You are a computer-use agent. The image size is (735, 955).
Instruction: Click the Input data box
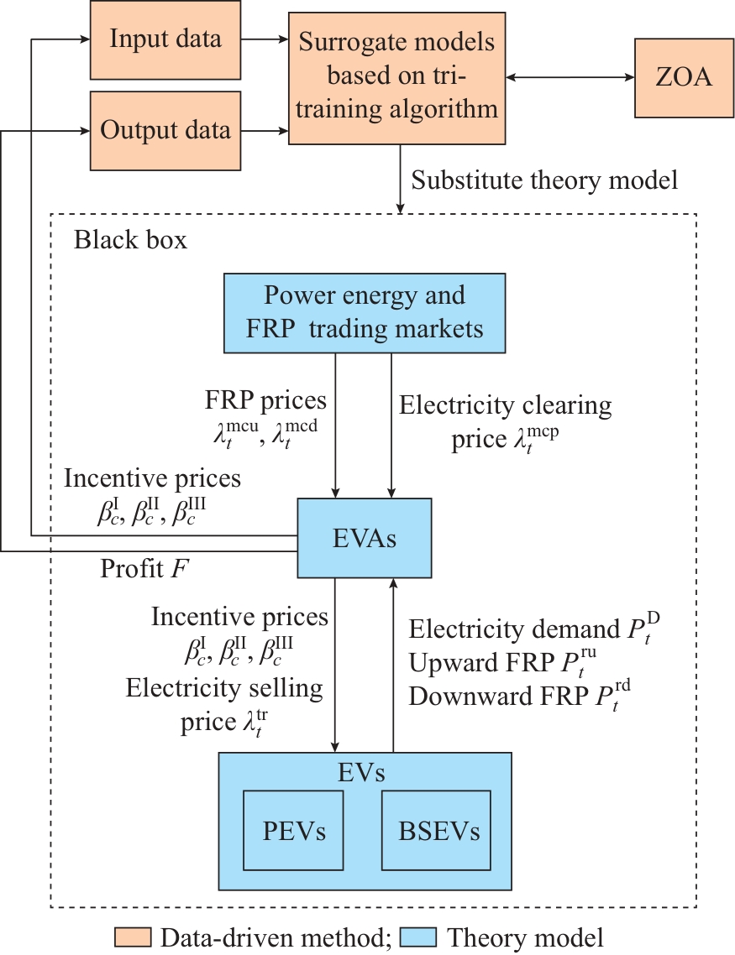[x=165, y=39]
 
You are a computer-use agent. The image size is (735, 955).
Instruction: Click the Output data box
[x=165, y=130]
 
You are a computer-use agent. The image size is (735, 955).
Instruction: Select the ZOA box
[x=684, y=79]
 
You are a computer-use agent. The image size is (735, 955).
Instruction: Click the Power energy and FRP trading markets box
[x=365, y=312]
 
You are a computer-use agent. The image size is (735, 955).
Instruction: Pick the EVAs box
[x=365, y=538]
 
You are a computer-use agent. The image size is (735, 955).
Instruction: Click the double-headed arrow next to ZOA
[x=571, y=79]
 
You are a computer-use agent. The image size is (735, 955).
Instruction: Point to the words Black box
[x=130, y=241]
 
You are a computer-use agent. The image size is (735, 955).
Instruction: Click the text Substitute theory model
[x=545, y=180]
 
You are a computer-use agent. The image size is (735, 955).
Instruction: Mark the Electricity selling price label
[x=224, y=703]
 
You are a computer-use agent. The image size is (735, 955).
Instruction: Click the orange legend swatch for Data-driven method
[x=132, y=937]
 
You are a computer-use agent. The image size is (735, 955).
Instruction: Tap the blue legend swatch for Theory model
[x=417, y=937]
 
